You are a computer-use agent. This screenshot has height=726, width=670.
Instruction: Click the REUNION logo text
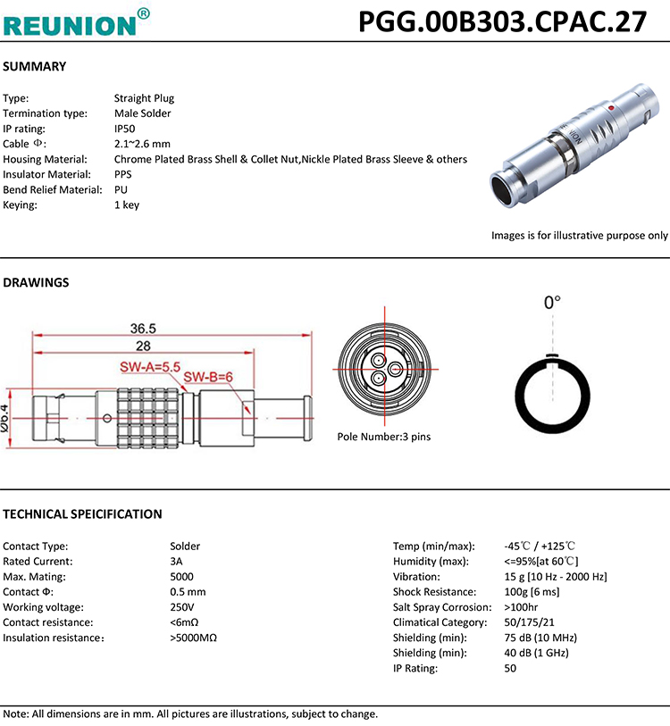[x=70, y=22]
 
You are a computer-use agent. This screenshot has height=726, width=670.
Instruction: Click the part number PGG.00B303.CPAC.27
[x=502, y=21]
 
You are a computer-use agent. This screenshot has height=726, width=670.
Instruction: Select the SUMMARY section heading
[x=35, y=67]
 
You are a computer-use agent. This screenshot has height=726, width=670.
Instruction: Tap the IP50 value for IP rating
[x=125, y=129]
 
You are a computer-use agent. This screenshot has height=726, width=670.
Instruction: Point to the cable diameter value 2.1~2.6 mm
[x=142, y=144]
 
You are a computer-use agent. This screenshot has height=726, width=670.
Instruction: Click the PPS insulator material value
[x=123, y=174]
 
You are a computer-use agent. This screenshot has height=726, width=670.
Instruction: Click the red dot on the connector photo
[x=609, y=108]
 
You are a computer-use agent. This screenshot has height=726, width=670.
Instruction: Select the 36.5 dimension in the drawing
[x=143, y=328]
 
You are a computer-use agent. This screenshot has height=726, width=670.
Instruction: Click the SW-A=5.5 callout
[x=151, y=367]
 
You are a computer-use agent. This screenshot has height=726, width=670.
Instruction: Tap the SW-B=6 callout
[x=208, y=378]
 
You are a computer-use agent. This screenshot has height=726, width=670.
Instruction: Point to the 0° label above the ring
[x=552, y=304]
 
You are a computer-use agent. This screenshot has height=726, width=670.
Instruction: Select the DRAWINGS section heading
[x=37, y=283]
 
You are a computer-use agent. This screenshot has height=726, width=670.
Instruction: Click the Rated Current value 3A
[x=176, y=562]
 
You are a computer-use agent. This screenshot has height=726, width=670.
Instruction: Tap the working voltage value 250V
[x=182, y=607]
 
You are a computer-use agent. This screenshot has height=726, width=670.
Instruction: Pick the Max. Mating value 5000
[x=181, y=577]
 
